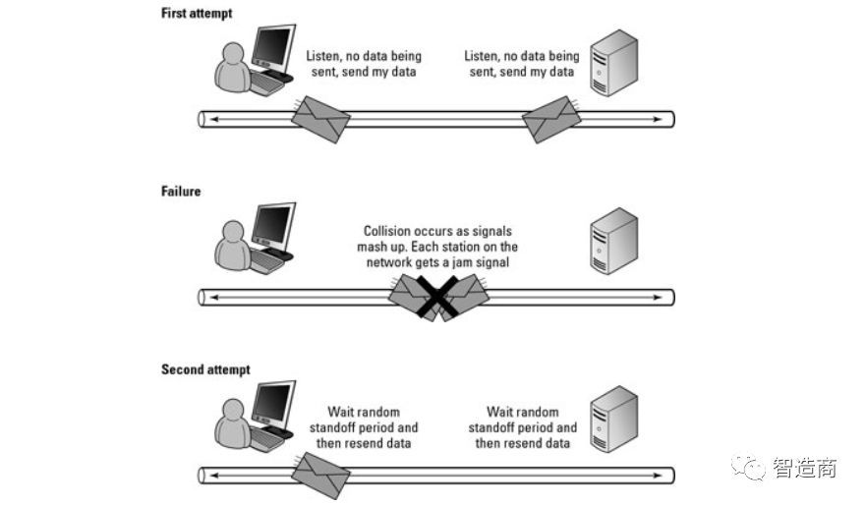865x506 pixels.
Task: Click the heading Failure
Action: coord(180,191)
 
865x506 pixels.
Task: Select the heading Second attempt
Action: coord(205,369)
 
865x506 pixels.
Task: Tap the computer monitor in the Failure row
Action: coord(273,224)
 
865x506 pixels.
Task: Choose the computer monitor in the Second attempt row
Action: coord(273,403)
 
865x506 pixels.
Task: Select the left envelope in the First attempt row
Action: coord(322,120)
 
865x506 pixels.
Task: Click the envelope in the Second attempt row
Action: coord(322,476)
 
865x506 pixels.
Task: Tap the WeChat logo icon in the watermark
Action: coord(753,468)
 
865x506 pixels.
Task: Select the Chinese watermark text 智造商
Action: coord(804,468)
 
